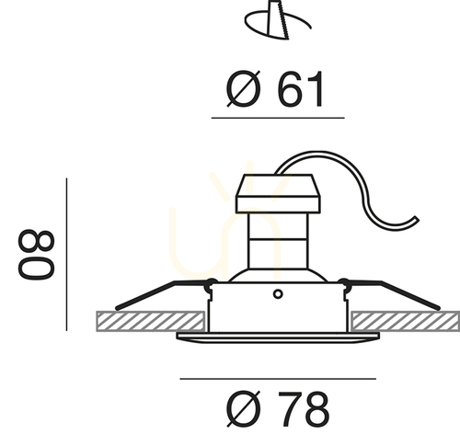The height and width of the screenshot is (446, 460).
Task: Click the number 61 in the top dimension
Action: (x=301, y=89)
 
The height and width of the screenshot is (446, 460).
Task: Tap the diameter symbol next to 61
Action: (x=244, y=89)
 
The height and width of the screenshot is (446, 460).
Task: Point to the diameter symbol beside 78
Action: (x=244, y=409)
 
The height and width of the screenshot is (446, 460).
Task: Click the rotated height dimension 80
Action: (x=36, y=255)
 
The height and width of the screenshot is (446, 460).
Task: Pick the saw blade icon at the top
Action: (x=278, y=20)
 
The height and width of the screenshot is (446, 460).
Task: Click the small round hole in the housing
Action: (x=278, y=294)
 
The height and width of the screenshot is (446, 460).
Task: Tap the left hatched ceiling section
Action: (x=151, y=321)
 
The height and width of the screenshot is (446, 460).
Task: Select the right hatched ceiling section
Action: (x=406, y=321)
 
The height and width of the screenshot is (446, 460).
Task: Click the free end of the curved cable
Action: (x=417, y=219)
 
